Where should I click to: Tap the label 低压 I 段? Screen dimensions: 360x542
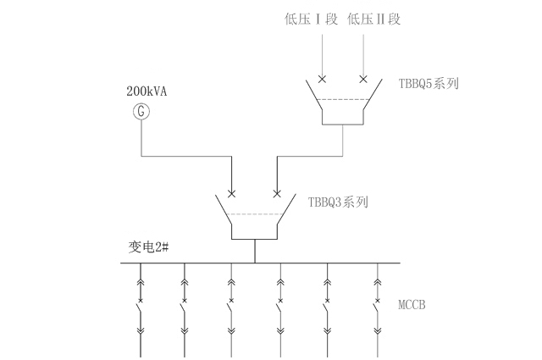pos(312,18)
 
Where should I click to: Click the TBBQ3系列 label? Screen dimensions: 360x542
pos(339,202)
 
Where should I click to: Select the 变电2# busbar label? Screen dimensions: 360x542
pos(149,247)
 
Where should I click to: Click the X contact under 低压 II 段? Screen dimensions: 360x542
pos(364,80)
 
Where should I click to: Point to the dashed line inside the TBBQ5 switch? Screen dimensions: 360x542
pos(342,100)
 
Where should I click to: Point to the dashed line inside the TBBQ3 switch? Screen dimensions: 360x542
pos(254,214)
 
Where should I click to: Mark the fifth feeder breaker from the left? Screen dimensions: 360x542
pos(327,308)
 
